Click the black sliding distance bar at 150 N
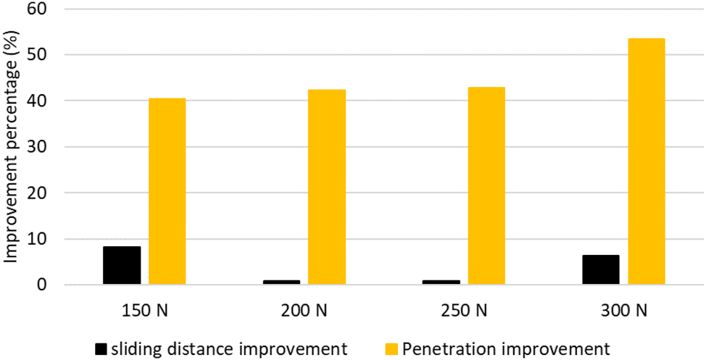(x=121, y=266)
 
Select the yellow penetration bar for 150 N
(x=167, y=191)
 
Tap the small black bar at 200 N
(x=281, y=282)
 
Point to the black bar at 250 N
(x=441, y=282)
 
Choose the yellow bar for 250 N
(x=486, y=186)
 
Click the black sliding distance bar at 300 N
(x=601, y=270)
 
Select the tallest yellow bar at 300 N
(x=646, y=162)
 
